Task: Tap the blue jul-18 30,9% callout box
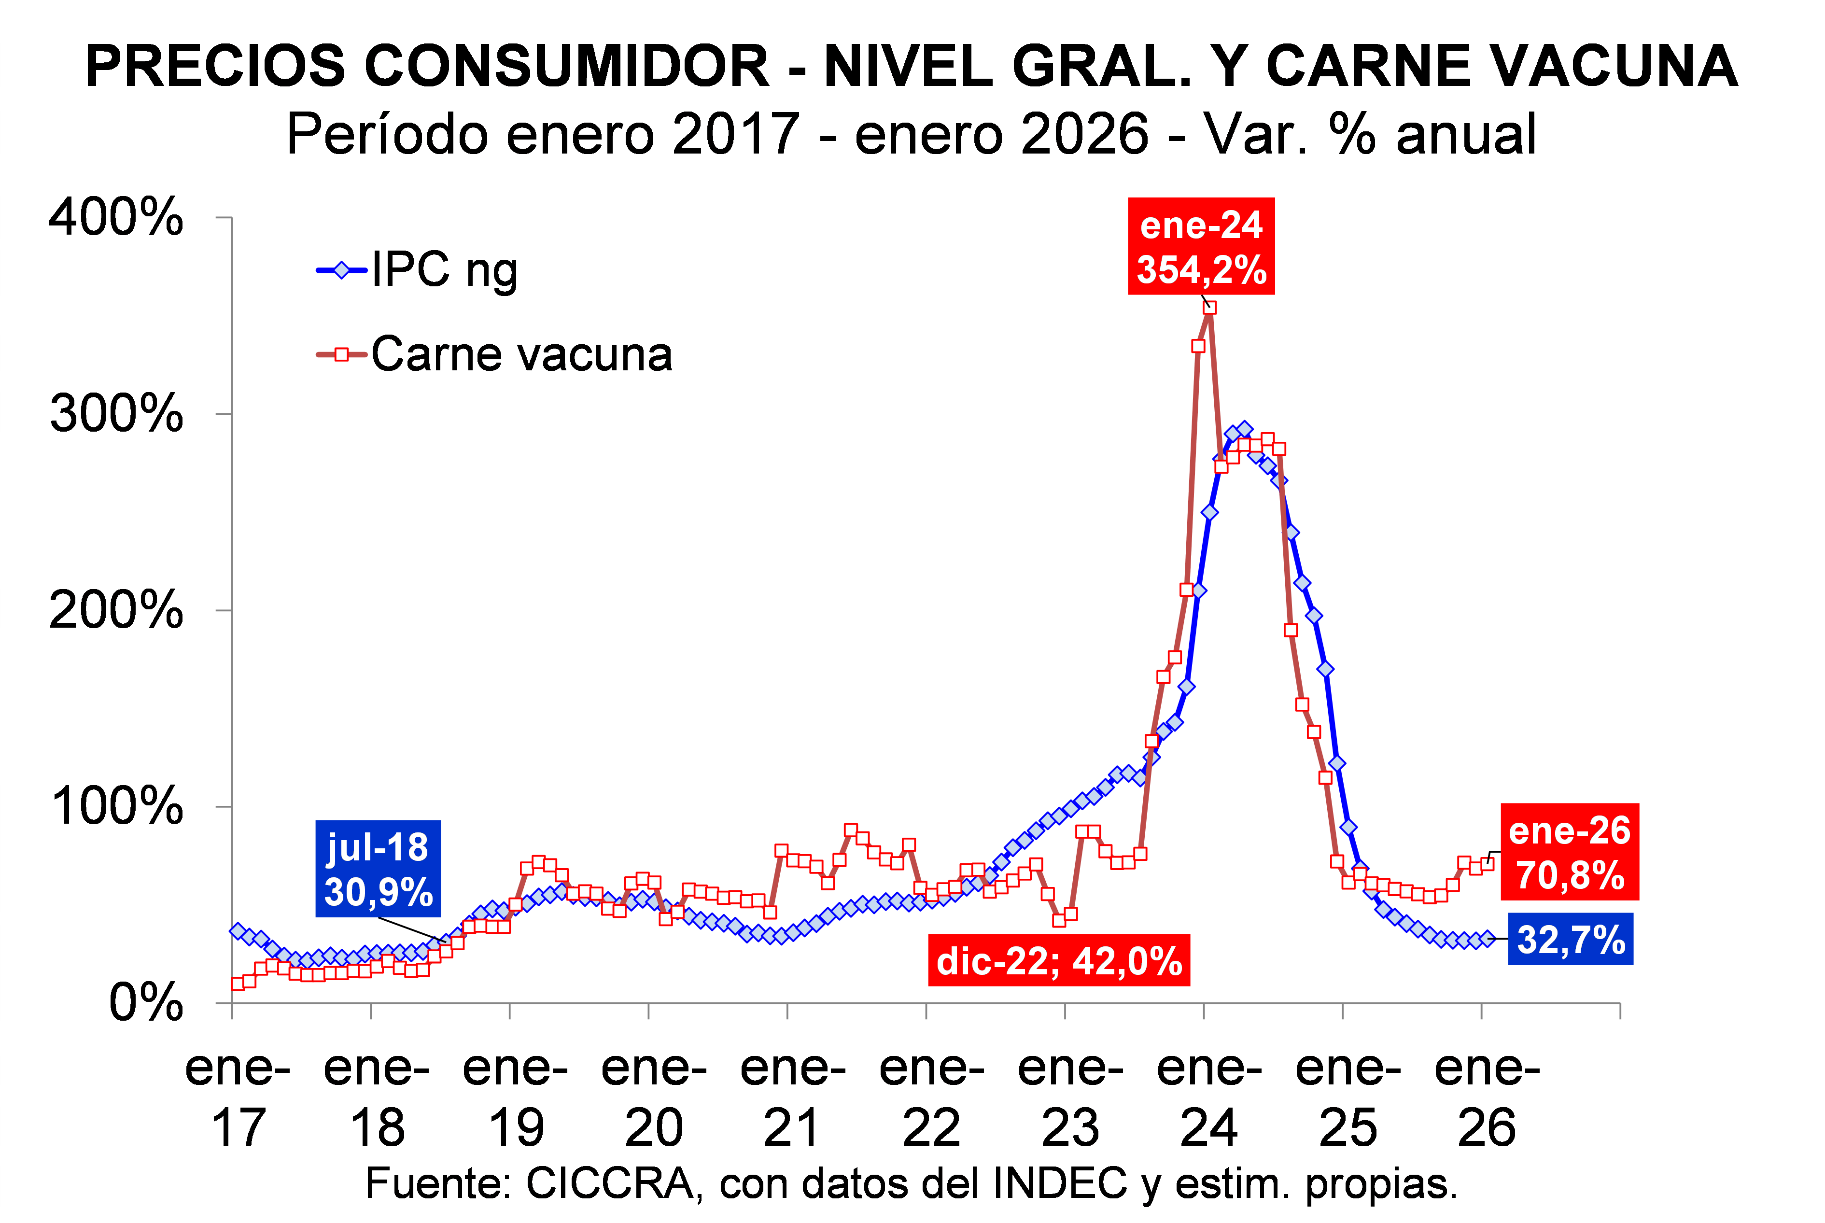[x=378, y=869]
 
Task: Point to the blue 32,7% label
[x=1570, y=939]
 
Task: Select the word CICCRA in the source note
[x=609, y=1184]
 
